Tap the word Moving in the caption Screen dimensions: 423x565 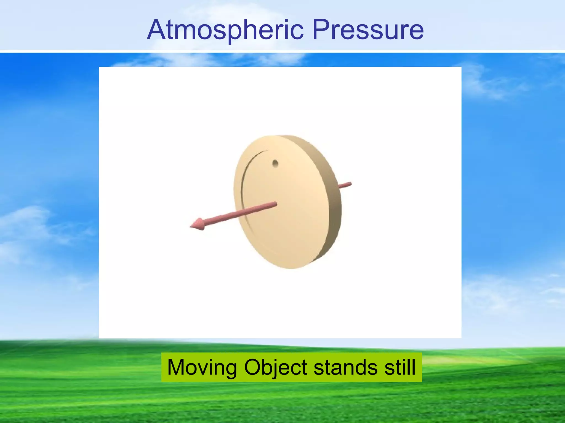tap(202, 368)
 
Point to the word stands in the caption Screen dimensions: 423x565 tap(345, 368)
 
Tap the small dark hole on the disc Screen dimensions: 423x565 tap(275, 164)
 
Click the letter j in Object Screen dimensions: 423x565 tap(277, 369)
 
